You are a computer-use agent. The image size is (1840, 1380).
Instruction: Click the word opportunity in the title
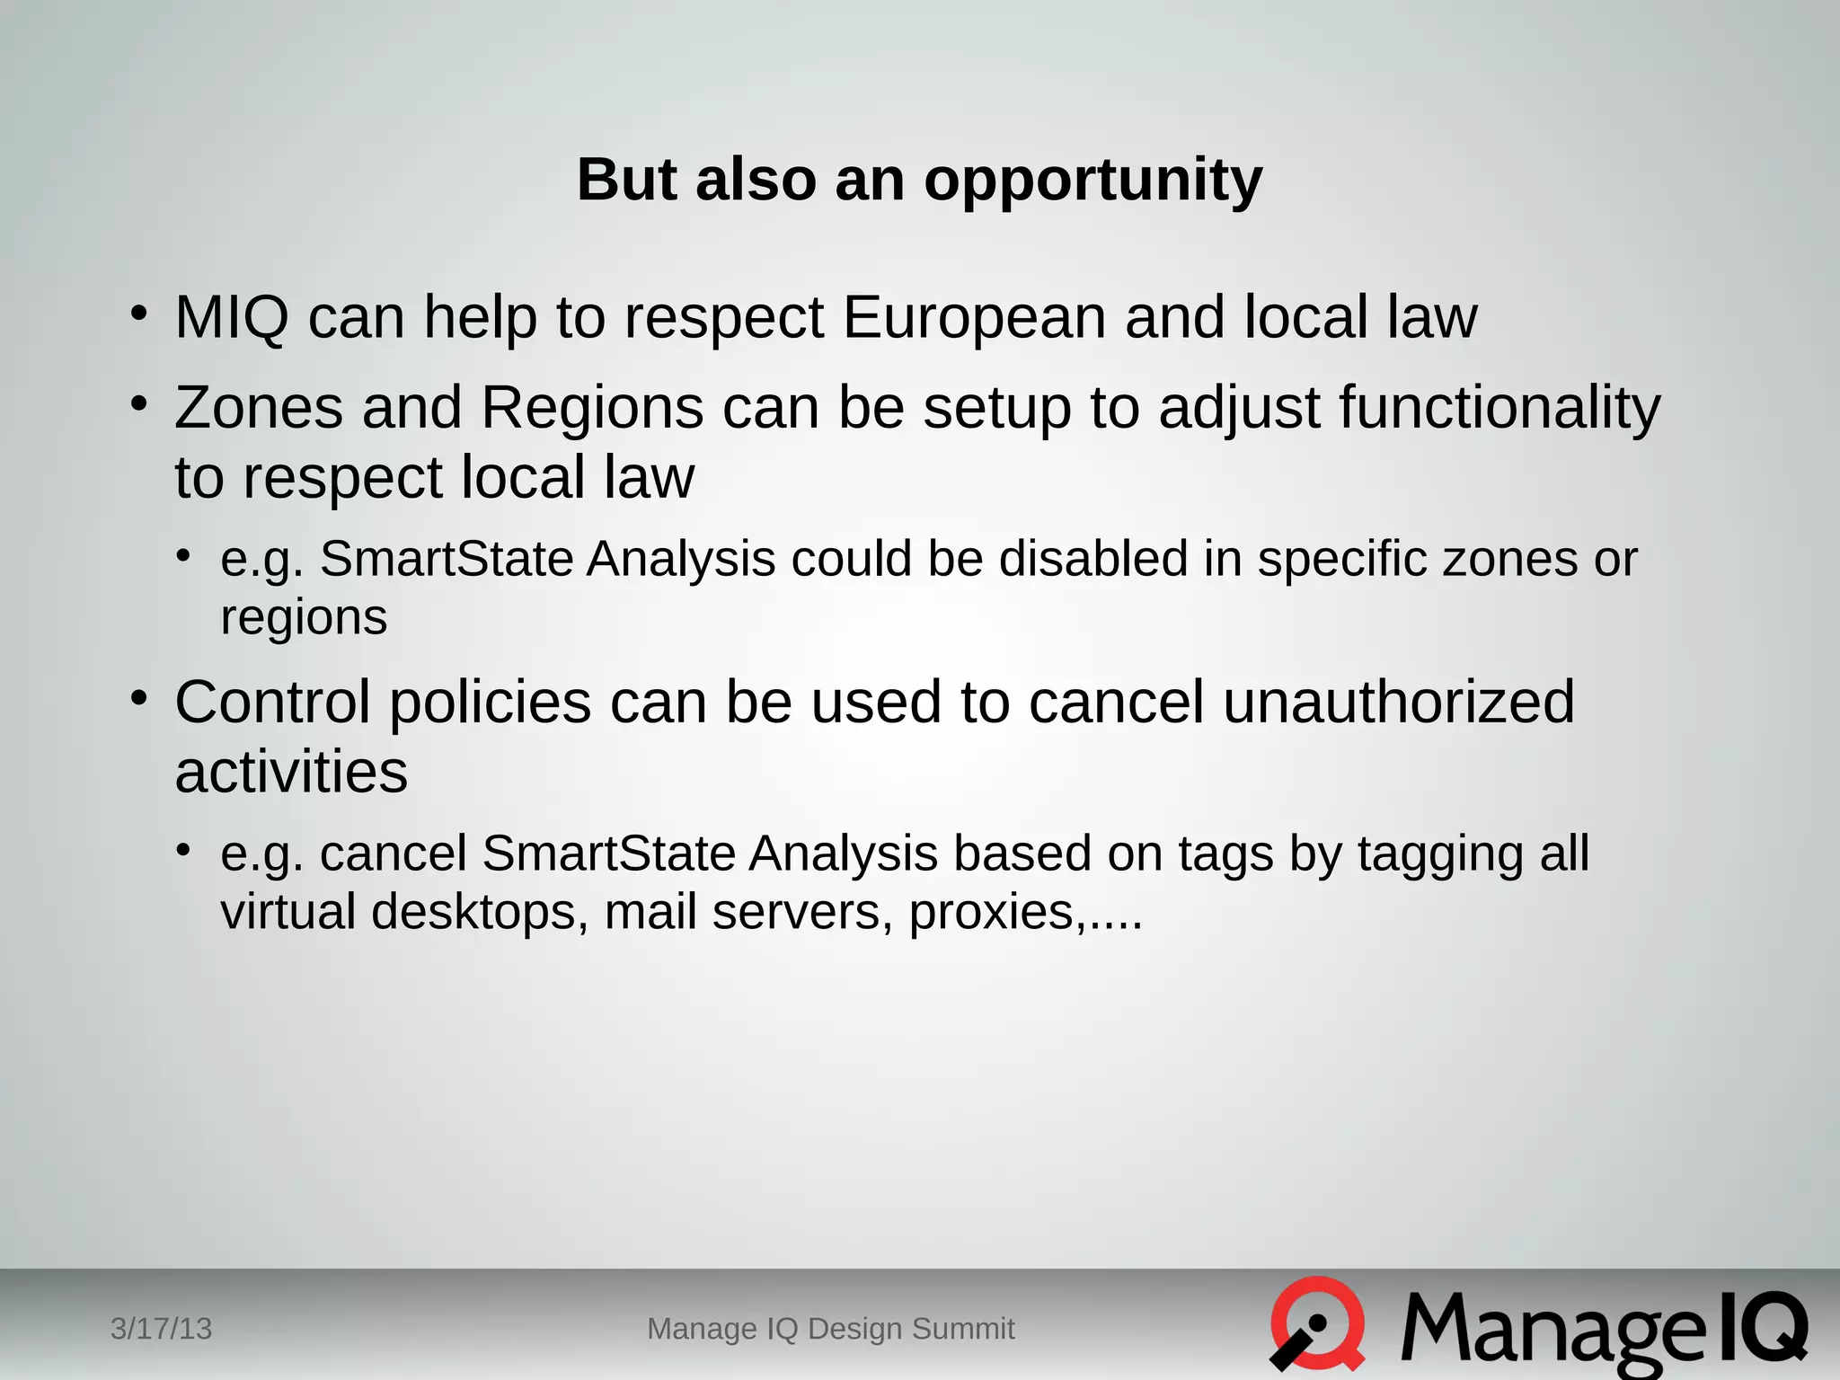tap(1092, 181)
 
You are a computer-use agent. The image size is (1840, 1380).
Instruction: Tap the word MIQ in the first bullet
tap(232, 318)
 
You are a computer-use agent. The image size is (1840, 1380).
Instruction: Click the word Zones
tap(259, 409)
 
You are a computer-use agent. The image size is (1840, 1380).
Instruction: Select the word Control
tap(272, 703)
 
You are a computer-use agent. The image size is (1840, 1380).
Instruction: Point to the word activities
tap(291, 773)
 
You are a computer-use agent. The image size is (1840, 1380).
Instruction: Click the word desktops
tap(480, 913)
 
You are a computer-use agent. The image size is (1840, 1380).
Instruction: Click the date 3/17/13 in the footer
tap(161, 1329)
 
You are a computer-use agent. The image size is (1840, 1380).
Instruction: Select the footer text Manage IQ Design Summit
tap(831, 1329)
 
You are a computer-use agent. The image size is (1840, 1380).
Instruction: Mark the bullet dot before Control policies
tap(137, 698)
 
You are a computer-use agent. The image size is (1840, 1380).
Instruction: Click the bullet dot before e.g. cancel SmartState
tap(183, 849)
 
